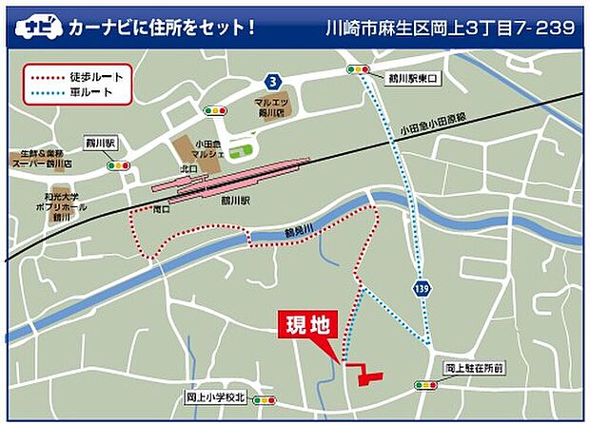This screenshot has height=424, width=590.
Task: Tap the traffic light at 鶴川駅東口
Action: point(359,69)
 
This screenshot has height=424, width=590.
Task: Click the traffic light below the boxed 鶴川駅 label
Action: point(119,165)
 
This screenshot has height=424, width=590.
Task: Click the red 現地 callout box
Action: point(307,324)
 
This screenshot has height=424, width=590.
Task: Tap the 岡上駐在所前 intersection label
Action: point(472,368)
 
